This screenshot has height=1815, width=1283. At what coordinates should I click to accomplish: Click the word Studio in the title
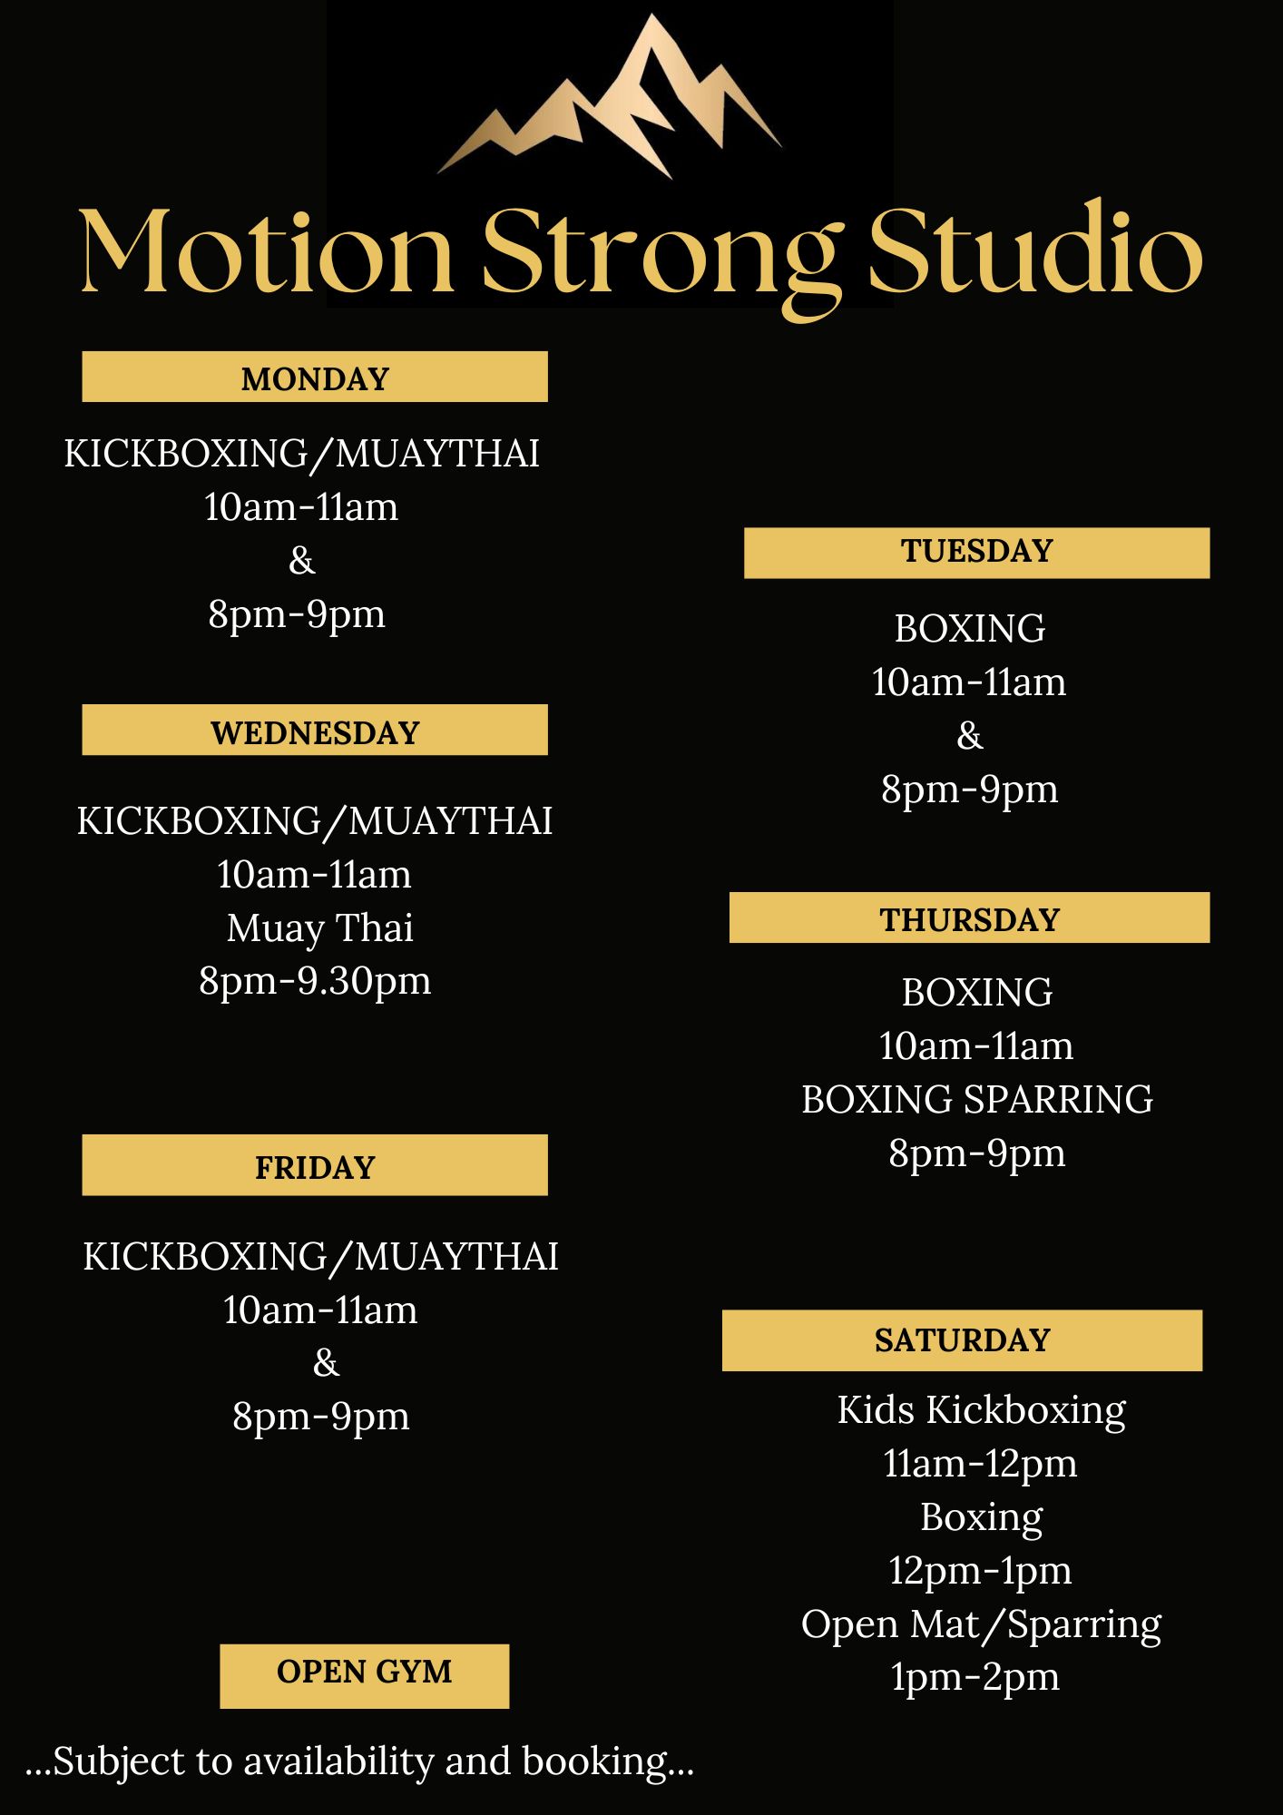1034,251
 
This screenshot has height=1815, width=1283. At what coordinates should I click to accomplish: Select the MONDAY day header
315,378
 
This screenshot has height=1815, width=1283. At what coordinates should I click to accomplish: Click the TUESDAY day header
976,552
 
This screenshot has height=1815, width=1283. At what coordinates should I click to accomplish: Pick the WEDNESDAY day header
315,731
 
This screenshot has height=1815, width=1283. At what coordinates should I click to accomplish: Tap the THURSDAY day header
969,918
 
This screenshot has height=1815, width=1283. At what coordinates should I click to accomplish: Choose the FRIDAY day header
315,1166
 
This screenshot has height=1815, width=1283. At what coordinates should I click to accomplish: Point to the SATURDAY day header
962,1339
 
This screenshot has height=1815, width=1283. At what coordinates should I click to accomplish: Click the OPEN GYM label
364,1672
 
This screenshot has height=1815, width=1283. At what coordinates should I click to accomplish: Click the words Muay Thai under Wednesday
319,928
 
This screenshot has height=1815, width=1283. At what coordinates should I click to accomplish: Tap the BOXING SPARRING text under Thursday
976,1100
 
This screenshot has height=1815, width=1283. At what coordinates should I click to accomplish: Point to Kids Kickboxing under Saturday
981,1410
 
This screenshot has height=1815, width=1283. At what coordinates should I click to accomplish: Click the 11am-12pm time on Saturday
980,1464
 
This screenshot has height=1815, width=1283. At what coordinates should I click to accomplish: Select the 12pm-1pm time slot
980,1571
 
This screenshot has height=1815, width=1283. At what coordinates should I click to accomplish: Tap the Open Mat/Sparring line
981,1624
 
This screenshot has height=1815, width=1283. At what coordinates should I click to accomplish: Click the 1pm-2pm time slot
974,1677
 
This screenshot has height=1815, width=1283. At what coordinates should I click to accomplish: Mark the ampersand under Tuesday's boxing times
969,736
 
